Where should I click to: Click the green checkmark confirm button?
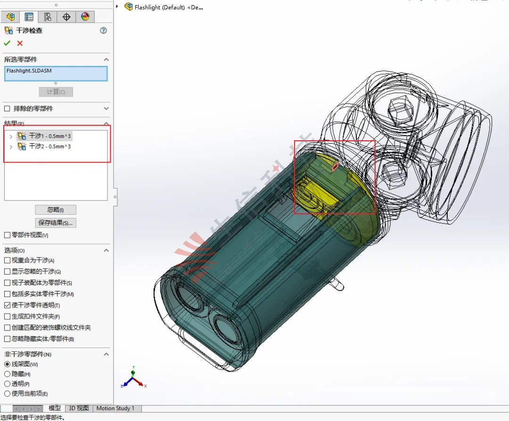[7, 43]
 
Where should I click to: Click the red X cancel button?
[20, 43]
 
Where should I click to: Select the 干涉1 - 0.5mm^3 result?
[50, 136]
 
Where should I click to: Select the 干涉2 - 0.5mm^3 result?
[50, 146]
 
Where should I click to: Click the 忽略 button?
[55, 210]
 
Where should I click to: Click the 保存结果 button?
[55, 223]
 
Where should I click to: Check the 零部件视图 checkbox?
[7, 235]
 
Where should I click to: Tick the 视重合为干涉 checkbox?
[7, 260]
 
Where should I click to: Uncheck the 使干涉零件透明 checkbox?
[7, 305]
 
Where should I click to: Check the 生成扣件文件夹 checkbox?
[7, 316]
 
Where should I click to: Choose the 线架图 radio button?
[7, 364]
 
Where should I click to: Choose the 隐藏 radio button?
[7, 374]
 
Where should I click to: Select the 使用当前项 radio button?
[7, 394]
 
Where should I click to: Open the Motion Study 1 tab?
[115, 408]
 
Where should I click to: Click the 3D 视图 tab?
[79, 408]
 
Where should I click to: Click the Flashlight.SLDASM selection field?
[56, 73]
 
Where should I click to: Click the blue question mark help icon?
[104, 31]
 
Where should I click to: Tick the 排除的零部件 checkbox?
[7, 109]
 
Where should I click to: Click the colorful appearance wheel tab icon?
[85, 17]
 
